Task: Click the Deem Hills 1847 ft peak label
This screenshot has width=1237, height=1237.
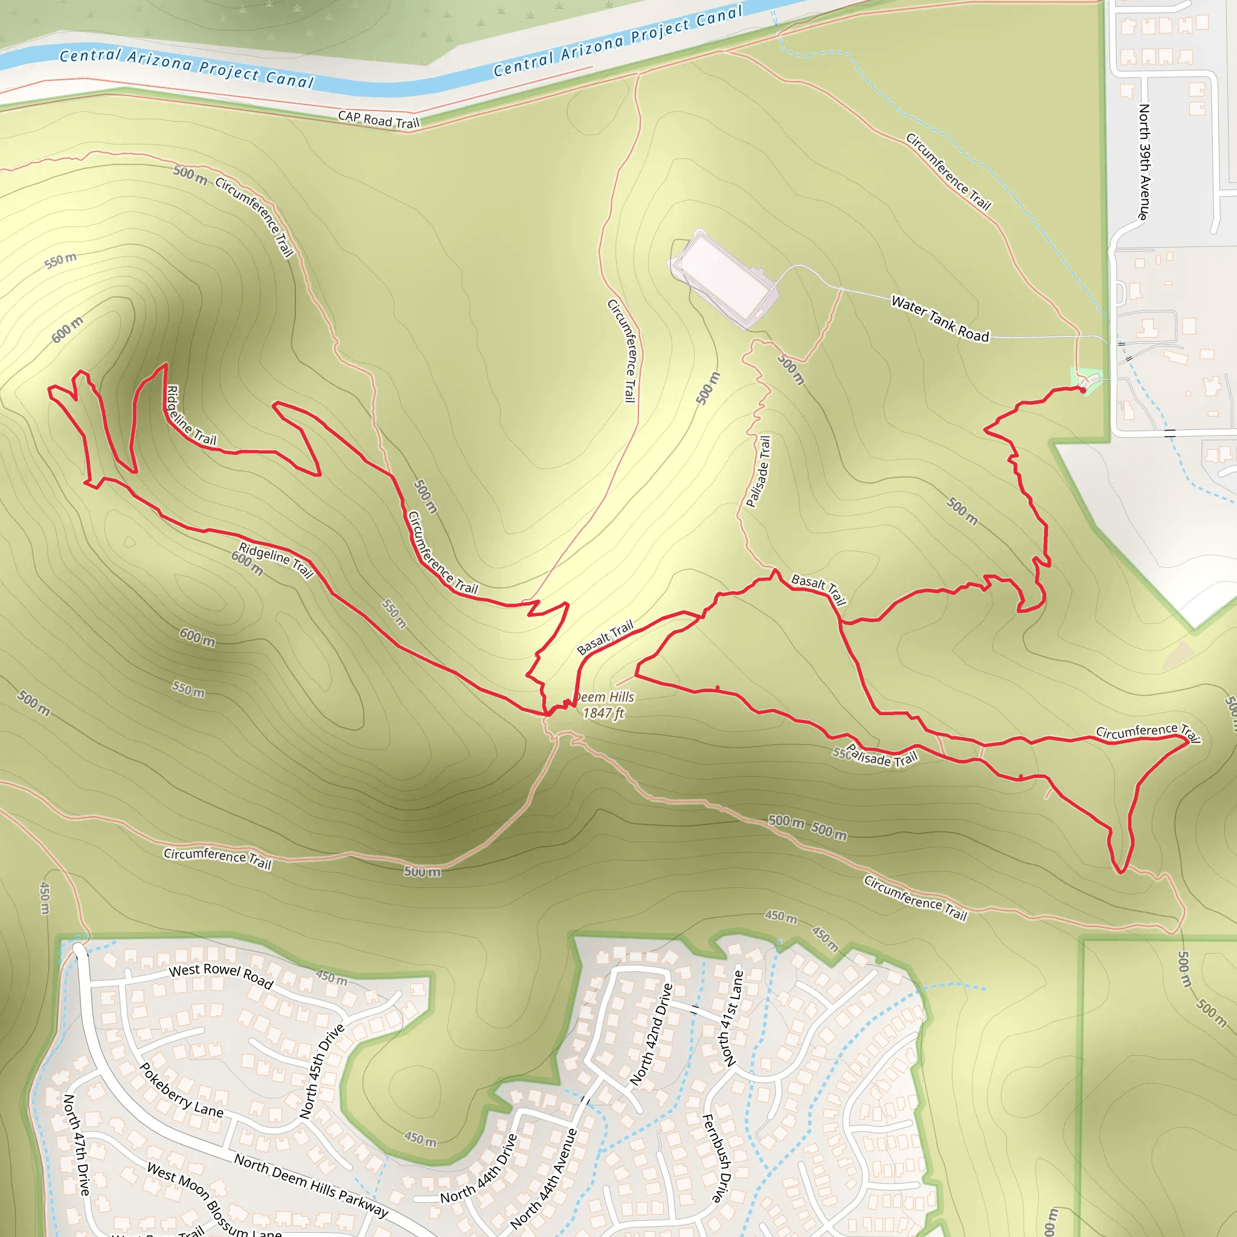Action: [x=604, y=705]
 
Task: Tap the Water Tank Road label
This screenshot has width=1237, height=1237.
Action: [x=940, y=319]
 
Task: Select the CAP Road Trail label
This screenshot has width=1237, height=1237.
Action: [x=378, y=120]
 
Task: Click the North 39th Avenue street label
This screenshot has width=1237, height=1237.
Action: [x=1143, y=162]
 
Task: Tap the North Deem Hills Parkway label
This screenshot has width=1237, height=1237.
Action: [x=311, y=1184]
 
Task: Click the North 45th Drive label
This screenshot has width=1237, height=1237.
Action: [x=322, y=1070]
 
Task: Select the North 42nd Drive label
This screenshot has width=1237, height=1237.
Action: [x=651, y=1034]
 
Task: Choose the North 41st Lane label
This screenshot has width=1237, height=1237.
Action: [x=733, y=1018]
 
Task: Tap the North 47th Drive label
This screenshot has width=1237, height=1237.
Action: [x=76, y=1144]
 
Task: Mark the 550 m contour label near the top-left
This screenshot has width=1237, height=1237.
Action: [x=61, y=260]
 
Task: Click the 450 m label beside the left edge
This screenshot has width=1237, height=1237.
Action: [x=44, y=898]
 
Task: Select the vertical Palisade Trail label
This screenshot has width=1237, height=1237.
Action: [x=759, y=471]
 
